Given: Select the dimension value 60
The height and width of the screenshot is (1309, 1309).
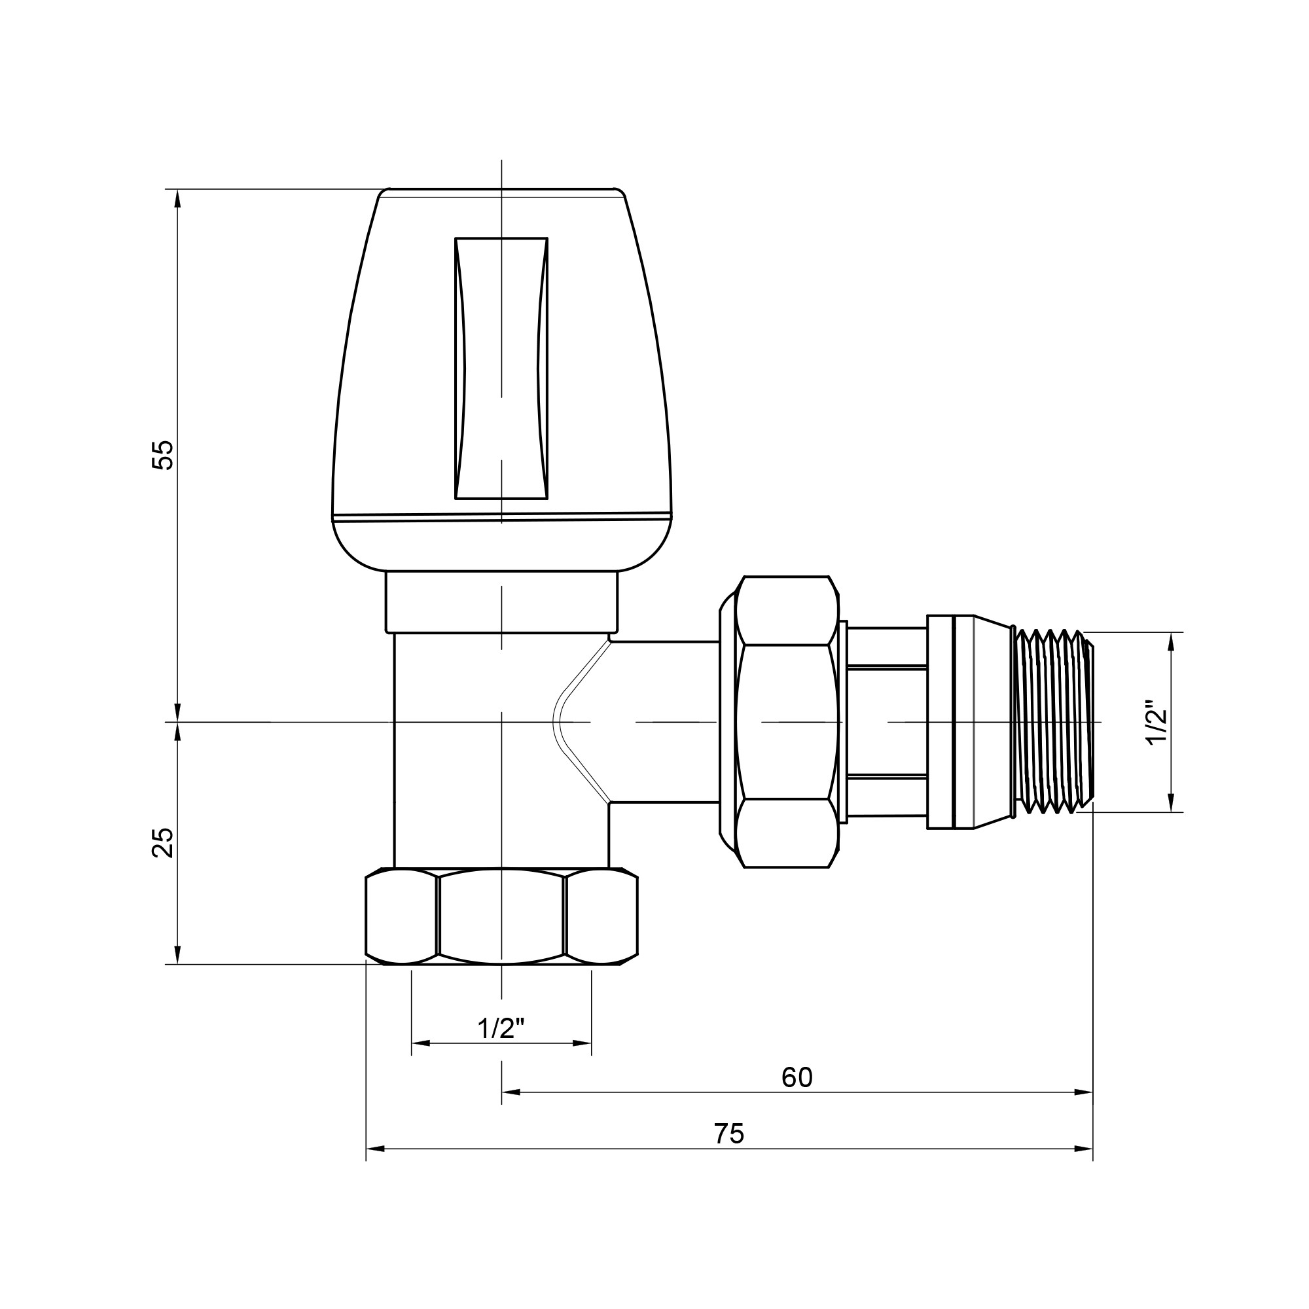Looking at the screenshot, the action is coord(797,1077).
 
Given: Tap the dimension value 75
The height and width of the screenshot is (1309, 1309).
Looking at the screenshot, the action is coord(729,1134).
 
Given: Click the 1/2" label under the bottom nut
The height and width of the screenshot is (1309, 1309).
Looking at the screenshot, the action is coord(501,1028).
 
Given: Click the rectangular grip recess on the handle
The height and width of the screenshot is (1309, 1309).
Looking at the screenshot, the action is coord(501,368).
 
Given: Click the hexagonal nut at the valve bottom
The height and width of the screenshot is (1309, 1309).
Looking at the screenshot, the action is coord(501,916).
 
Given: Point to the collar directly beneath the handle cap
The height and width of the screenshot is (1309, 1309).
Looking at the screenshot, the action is coord(501,602).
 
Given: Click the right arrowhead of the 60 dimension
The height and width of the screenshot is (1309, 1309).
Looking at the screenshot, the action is coord(1084,1092).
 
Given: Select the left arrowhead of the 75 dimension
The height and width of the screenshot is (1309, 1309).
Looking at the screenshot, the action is coord(375,1149).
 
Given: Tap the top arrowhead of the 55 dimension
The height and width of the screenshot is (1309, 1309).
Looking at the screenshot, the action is coord(177,198).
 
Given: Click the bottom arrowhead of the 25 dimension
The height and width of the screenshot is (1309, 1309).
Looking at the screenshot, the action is coord(177,955).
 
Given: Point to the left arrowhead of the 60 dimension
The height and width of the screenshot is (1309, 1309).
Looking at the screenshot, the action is coord(511,1092).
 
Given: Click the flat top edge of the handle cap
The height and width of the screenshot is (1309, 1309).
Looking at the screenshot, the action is coord(501,189).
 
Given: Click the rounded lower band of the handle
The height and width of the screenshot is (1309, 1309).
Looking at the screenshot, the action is coord(501,545).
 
